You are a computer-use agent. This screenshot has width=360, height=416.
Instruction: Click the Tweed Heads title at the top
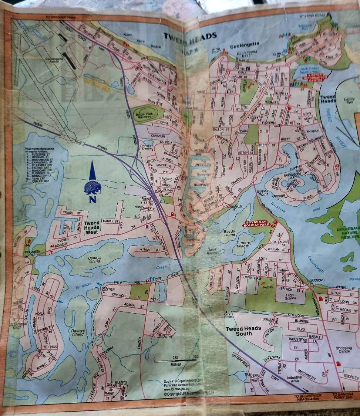click(190, 36)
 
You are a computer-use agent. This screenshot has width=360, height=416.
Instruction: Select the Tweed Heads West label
click(91, 227)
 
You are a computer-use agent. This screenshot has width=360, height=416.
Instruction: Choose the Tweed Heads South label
click(243, 331)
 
